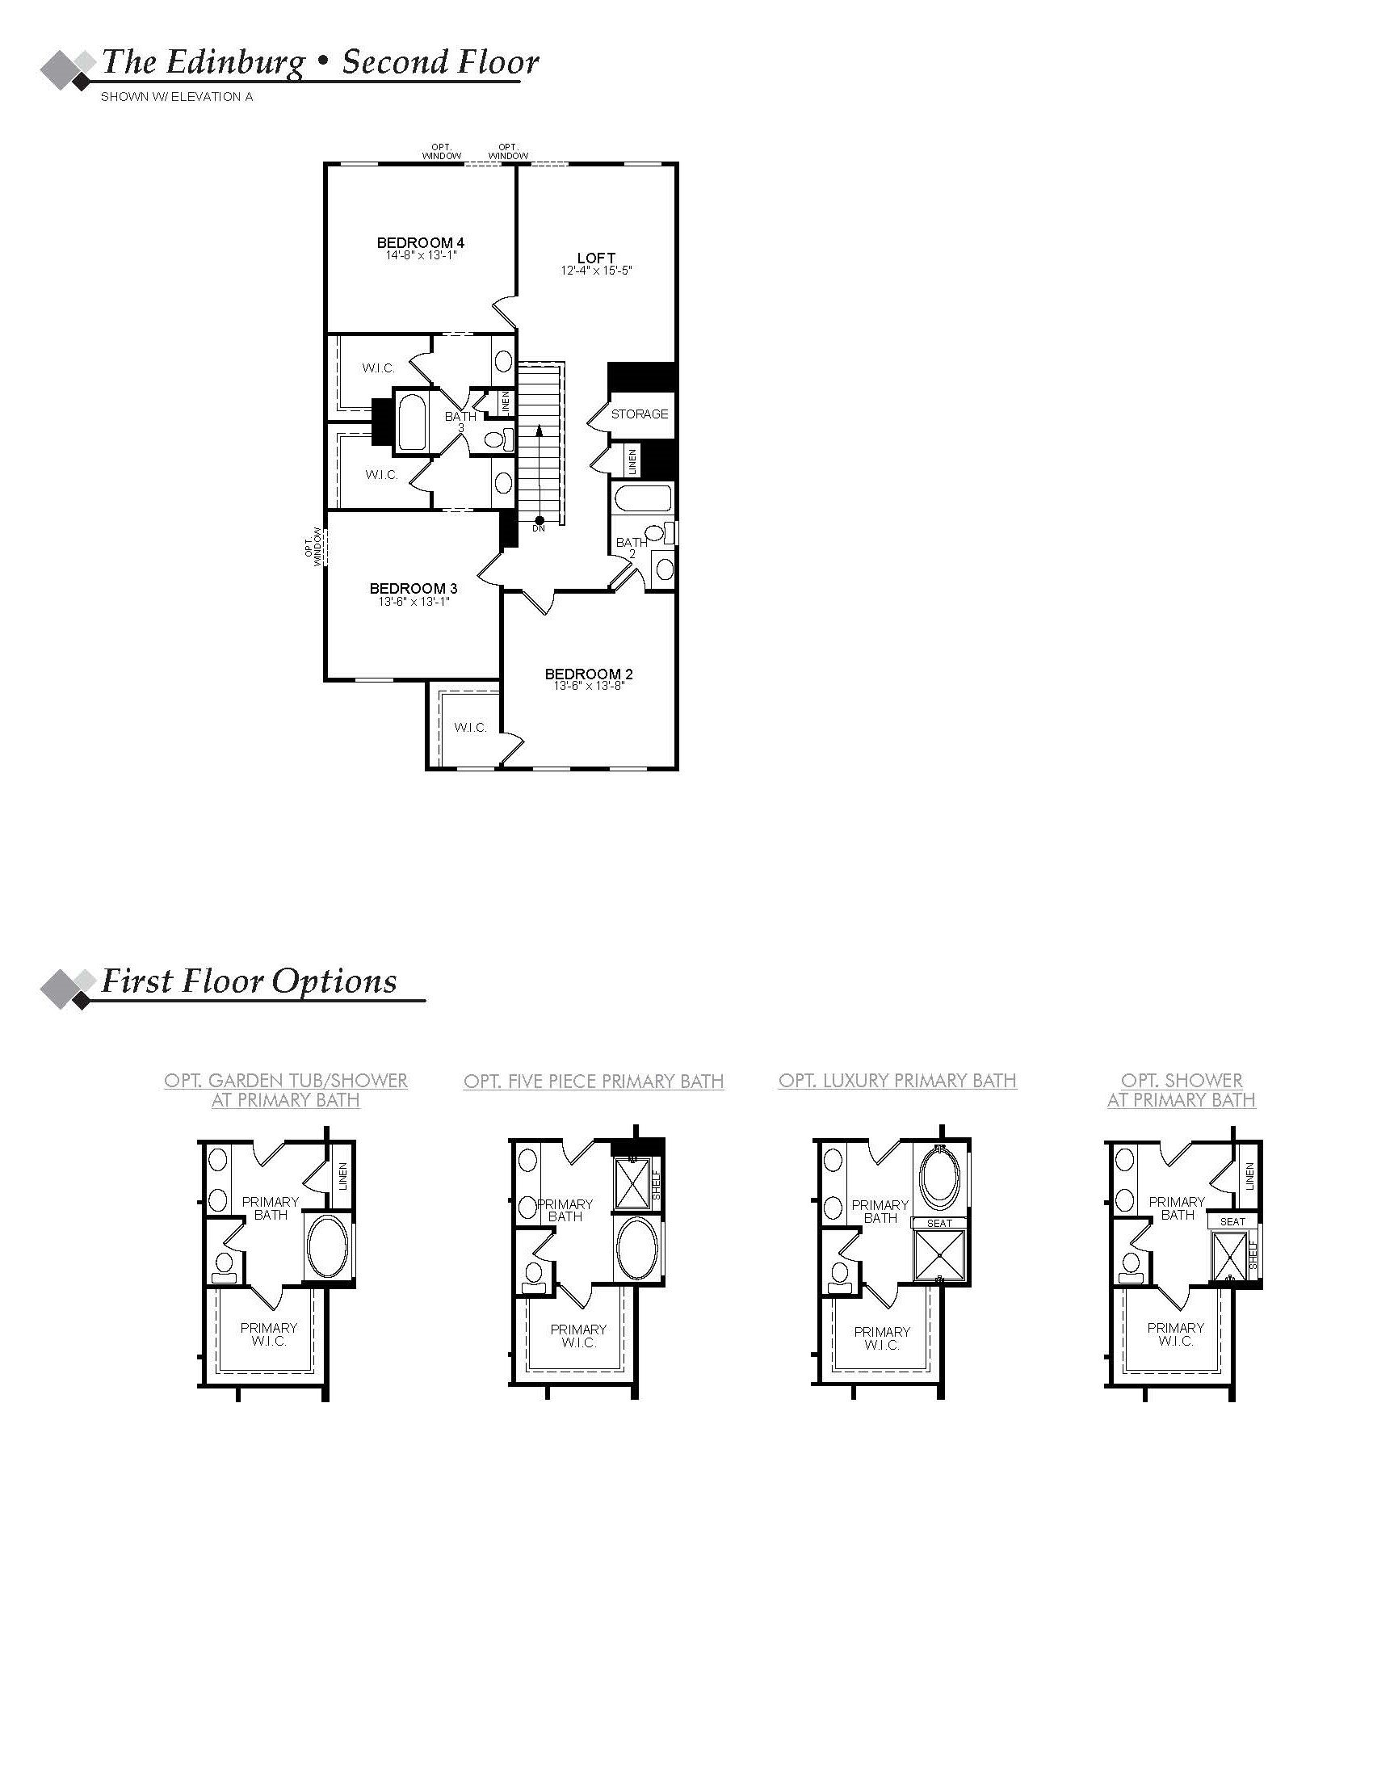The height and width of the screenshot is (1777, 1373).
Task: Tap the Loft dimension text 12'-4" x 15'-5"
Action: tap(596, 270)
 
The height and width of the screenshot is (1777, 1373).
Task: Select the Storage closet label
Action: tap(640, 414)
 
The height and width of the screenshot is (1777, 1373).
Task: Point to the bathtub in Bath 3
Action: tap(413, 423)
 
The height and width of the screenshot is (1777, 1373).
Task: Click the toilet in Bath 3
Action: tap(495, 440)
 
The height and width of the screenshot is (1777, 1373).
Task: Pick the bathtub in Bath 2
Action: tap(643, 498)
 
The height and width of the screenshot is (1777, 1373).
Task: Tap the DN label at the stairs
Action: tap(539, 528)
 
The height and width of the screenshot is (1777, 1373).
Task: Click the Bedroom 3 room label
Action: tap(414, 588)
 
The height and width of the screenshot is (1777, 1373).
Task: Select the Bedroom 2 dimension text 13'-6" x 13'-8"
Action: tap(588, 686)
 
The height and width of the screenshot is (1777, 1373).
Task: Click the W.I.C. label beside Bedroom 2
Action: tap(470, 728)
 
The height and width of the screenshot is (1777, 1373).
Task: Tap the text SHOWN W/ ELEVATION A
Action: tap(177, 97)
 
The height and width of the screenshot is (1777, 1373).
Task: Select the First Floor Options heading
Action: tap(248, 981)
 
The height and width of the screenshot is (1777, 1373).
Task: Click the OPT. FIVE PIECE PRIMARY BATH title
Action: tap(593, 1082)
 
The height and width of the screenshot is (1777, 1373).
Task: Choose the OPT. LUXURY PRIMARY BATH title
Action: tap(897, 1081)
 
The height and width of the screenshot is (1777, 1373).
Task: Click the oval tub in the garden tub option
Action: tap(327, 1249)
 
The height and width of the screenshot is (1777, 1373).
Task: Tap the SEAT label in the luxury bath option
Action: tap(938, 1223)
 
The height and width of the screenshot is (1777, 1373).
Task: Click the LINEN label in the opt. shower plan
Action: tap(1249, 1175)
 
